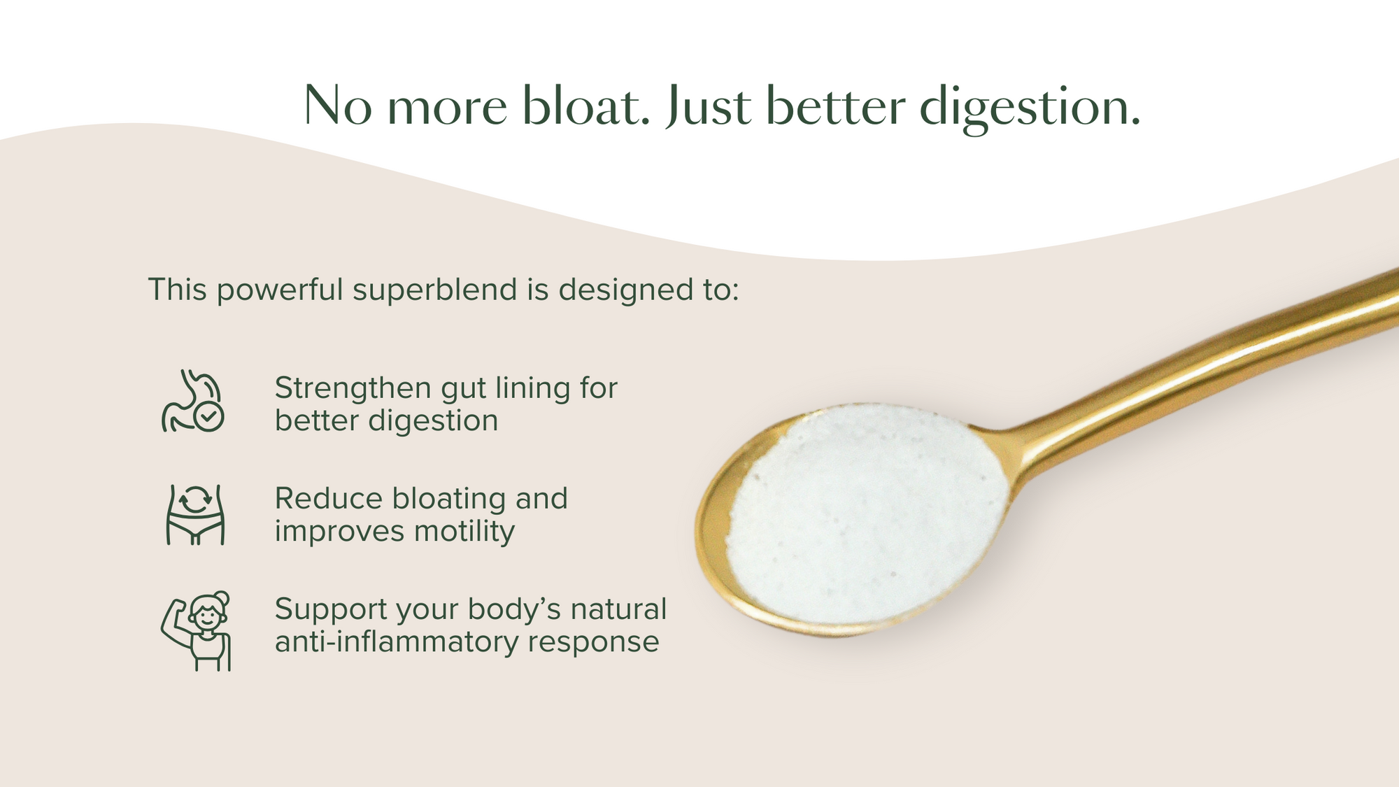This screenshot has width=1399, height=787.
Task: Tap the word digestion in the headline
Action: click(x=1030, y=108)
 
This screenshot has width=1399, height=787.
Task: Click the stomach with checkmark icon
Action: click(x=192, y=401)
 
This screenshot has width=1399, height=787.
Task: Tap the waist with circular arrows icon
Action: click(x=195, y=515)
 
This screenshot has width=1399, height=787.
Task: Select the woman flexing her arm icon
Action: click(x=196, y=631)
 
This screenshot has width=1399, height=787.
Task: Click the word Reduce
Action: click(x=329, y=499)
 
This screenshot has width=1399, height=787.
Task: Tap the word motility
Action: click(x=464, y=532)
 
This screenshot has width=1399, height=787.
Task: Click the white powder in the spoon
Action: click(x=867, y=514)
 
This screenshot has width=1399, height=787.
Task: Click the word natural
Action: click(x=618, y=609)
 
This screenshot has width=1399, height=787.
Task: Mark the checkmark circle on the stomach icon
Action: click(x=209, y=416)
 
